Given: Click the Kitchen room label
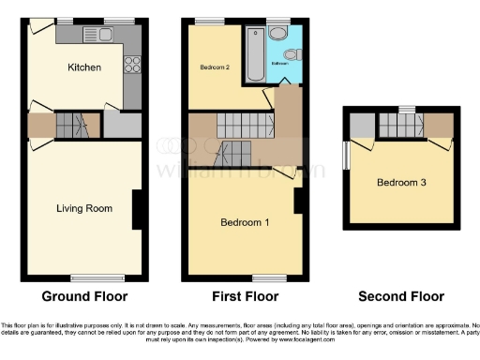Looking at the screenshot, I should pyautogui.click(x=84, y=67).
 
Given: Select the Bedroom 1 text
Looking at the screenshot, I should pyautogui.click(x=245, y=223).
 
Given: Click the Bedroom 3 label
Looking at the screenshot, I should pyautogui.click(x=402, y=182).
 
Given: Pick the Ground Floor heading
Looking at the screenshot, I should pyautogui.click(x=84, y=296).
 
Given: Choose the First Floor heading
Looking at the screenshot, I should pyautogui.click(x=245, y=296).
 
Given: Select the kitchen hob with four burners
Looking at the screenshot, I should pyautogui.click(x=132, y=65).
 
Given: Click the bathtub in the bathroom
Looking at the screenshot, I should pyautogui.click(x=253, y=55).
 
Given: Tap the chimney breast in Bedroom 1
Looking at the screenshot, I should pyautogui.click(x=298, y=200).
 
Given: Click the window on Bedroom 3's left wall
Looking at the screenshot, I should pyautogui.click(x=346, y=156).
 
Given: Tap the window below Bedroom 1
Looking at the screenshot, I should pyautogui.click(x=245, y=277).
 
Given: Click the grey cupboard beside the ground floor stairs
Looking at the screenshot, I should pyautogui.click(x=121, y=125).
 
